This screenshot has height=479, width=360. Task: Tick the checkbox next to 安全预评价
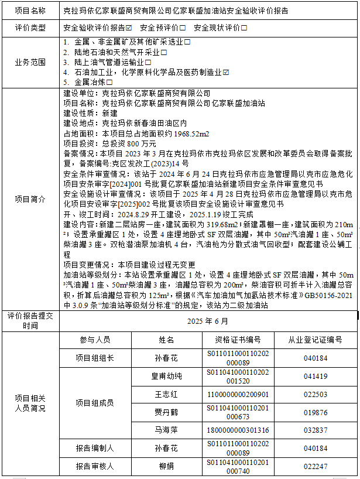click(183, 28)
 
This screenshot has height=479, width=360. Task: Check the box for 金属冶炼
click(108, 82)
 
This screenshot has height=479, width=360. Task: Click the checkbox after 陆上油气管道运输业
click(149, 62)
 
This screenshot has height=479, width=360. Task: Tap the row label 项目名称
click(30, 11)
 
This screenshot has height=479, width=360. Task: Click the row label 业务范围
click(30, 62)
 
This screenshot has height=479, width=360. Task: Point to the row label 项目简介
click(30, 199)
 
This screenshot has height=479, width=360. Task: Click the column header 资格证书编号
click(238, 340)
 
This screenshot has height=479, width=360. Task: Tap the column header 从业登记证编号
click(315, 340)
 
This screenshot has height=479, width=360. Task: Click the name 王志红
click(166, 394)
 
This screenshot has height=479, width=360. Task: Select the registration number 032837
click(316, 430)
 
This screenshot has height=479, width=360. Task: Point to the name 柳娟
click(166, 467)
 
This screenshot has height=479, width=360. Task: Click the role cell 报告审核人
click(95, 467)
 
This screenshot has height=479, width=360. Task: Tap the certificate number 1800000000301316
click(238, 430)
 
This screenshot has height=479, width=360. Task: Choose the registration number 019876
click(316, 412)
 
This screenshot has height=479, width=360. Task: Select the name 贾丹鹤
click(166, 412)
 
